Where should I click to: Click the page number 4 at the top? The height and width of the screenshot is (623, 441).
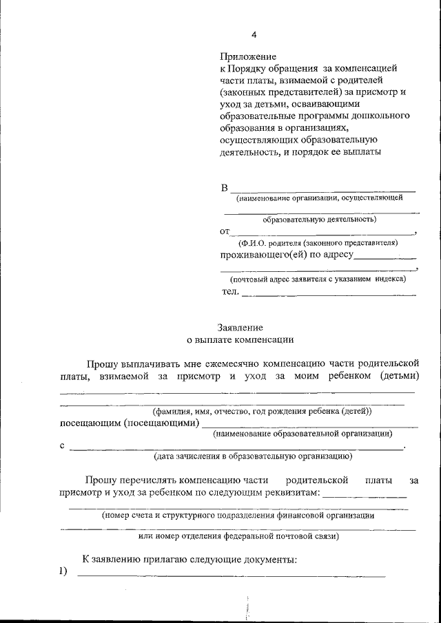coord(254,34)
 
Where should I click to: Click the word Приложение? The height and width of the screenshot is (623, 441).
coord(248,56)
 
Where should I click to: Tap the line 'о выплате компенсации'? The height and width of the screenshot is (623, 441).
coord(240,339)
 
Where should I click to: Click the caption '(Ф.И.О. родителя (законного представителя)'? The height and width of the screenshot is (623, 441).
coord(318,243)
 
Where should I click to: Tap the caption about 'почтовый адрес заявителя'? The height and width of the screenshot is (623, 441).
coord(318,279)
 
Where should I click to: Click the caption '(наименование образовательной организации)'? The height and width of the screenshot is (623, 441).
coord(302,434)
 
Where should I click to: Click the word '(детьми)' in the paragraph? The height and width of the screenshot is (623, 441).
coord(399,376)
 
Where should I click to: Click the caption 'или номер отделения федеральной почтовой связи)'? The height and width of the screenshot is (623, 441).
coord(238,536)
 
